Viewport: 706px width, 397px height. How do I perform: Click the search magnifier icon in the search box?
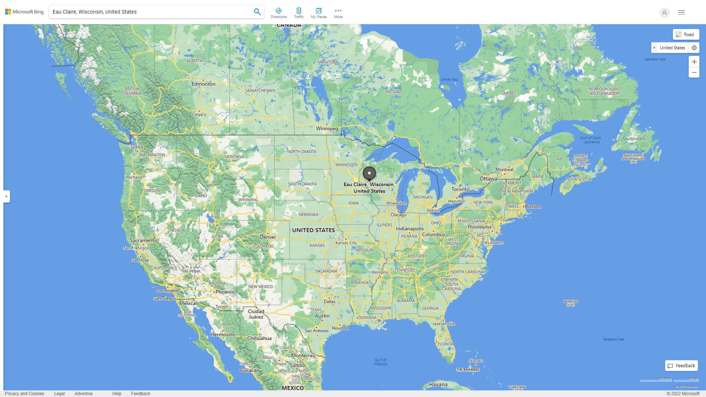point(257,12)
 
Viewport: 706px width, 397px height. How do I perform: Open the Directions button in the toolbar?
point(278,12)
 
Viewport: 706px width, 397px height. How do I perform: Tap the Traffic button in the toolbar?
point(299,12)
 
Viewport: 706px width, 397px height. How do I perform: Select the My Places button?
point(318,12)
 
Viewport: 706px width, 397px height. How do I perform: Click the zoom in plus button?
point(694,62)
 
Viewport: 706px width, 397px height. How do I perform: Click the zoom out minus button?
point(694,72)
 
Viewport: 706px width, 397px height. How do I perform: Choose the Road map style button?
point(686,35)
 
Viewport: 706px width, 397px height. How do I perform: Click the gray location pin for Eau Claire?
point(369,173)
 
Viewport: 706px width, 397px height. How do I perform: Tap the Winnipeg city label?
point(327,129)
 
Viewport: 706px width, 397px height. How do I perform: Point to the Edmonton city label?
point(203,84)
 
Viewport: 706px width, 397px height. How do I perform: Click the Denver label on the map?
point(268,237)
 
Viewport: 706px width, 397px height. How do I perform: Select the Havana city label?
point(438,385)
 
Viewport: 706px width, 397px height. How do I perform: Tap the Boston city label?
point(533,207)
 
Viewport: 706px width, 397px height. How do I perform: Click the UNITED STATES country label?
point(313,230)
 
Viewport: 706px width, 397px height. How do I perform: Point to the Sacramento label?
point(143,240)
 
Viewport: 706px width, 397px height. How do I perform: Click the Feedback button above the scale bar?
point(681,366)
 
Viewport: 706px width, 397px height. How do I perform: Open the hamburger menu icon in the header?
point(681,12)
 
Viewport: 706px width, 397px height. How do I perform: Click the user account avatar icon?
point(664,12)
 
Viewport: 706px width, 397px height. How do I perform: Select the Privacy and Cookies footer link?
point(25,394)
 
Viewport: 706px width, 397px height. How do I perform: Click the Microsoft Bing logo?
point(24,12)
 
